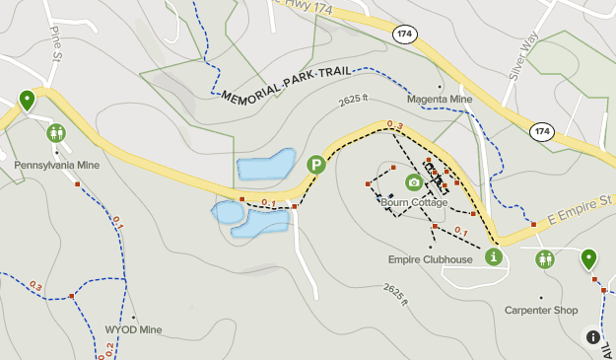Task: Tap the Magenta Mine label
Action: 440,100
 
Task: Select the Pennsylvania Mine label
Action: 57,166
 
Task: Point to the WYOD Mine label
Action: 133,330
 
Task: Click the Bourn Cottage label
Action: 414,203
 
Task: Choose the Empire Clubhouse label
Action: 430,260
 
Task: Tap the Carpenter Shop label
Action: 541,310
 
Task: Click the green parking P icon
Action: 315,165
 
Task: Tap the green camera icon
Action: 414,182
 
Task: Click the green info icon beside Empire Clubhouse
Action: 493,257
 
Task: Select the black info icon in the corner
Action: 593,336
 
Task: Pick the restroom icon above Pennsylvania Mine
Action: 55,132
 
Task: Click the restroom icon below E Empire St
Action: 544,258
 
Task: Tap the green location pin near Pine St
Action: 27,99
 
